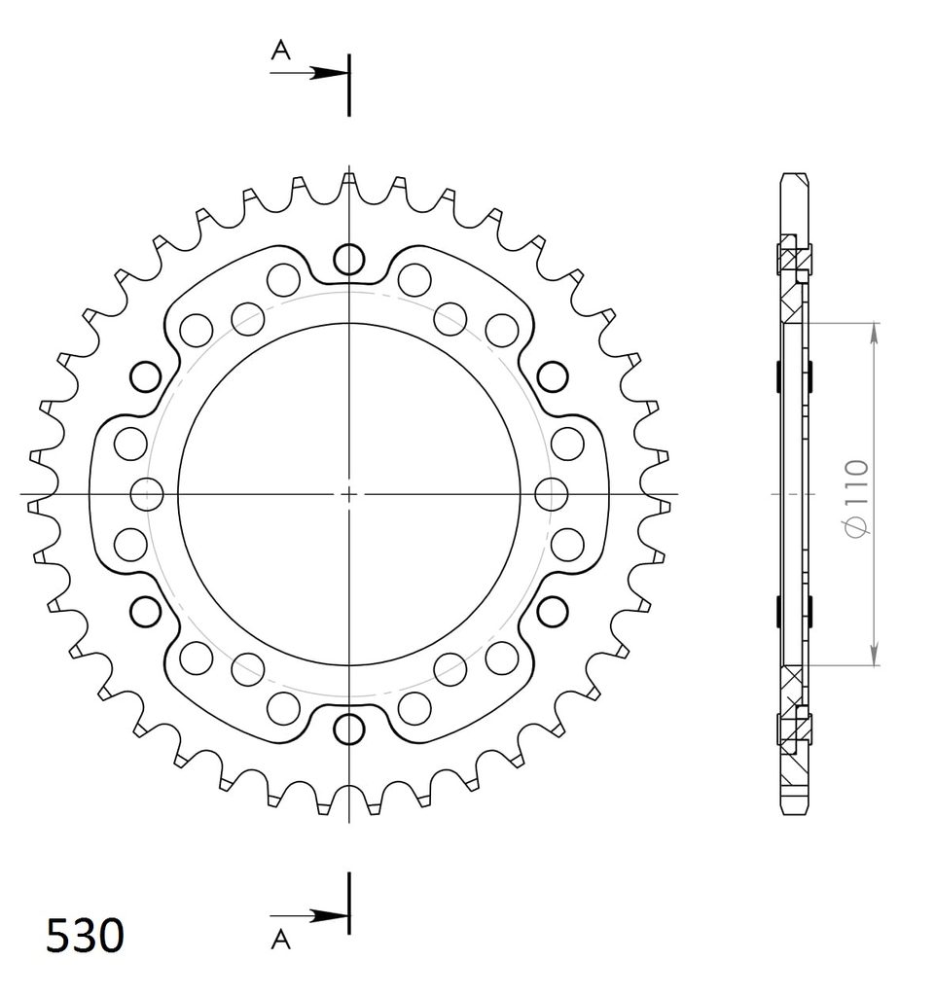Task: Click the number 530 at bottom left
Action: [x=85, y=935]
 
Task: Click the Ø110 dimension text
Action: [x=856, y=498]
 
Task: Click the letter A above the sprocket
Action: [x=280, y=50]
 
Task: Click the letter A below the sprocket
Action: [x=280, y=939]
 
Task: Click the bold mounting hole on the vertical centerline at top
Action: [x=348, y=259]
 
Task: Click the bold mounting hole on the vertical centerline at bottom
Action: [x=348, y=729]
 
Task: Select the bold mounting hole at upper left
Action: [x=146, y=376]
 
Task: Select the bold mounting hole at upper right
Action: [x=552, y=376]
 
